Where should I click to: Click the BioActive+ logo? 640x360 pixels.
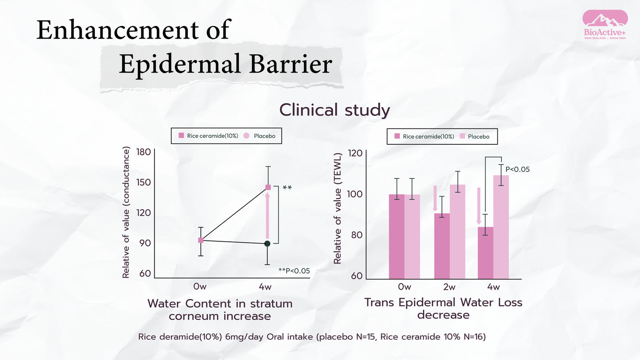[605, 26]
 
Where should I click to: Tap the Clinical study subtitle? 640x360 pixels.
[334, 110]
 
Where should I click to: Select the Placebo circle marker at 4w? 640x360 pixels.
[268, 244]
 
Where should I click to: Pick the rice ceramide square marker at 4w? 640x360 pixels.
[268, 187]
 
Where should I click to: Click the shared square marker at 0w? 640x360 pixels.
[201, 240]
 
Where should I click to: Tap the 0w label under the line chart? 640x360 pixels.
[200, 287]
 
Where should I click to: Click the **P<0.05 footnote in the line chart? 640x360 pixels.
[294, 271]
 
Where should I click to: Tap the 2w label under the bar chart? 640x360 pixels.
[449, 287]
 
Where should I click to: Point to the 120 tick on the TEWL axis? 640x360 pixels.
[357, 153]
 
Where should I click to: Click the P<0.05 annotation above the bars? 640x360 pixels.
[517, 169]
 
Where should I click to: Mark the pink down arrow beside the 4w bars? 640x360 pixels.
[479, 206]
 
